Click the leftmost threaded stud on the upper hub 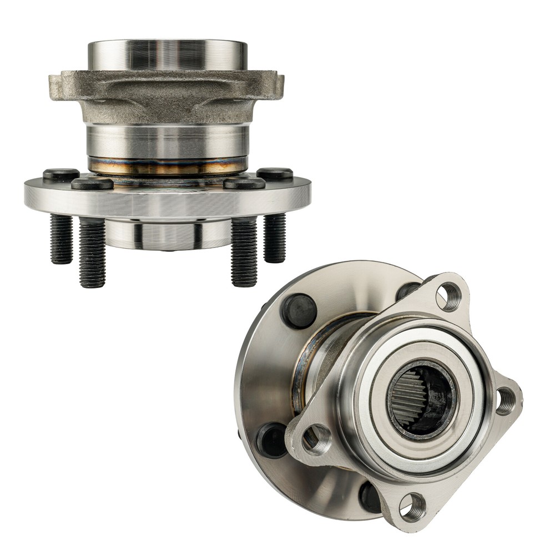coord(62,239)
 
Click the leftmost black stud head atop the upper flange coord(60,174)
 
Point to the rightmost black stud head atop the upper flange coord(275,174)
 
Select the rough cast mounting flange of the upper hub coord(167,94)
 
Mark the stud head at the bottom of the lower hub coord(370,496)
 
